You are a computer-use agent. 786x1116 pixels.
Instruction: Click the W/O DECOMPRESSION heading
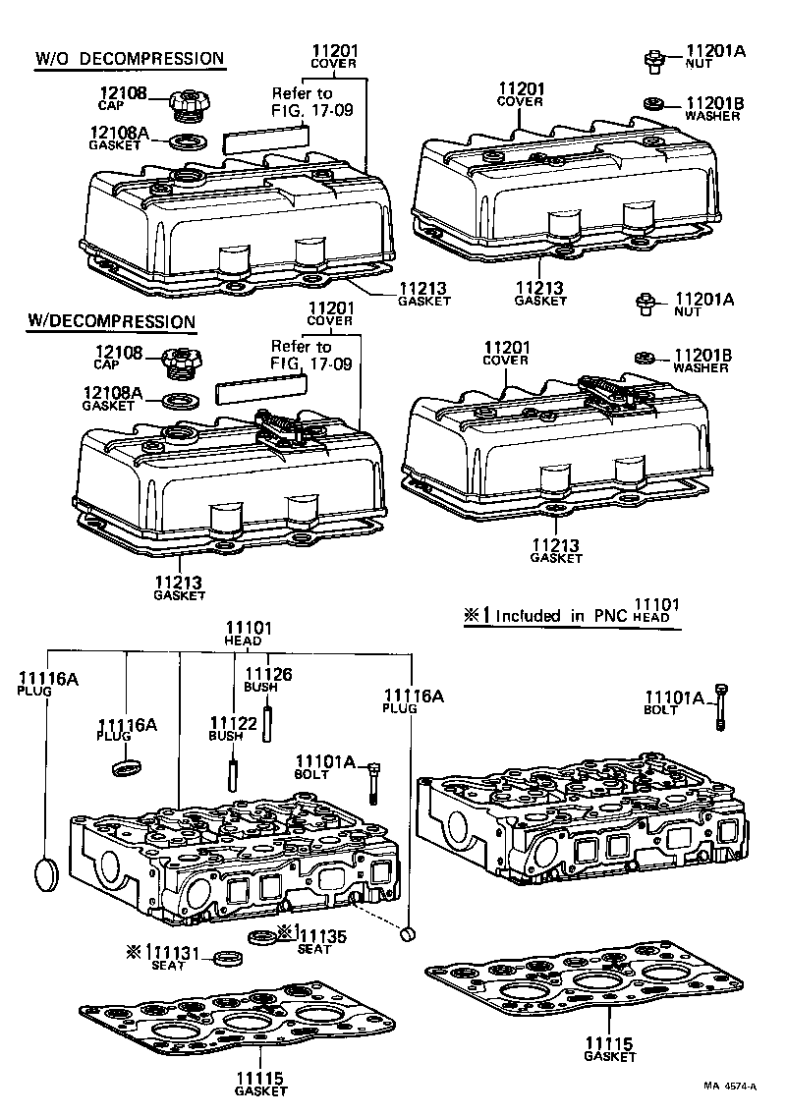pyautogui.click(x=130, y=59)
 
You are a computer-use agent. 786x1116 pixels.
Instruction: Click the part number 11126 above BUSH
pyautogui.click(x=268, y=673)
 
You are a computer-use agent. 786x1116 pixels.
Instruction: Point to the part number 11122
pyautogui.click(x=233, y=723)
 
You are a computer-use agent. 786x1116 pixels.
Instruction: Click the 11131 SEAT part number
pyautogui.click(x=173, y=952)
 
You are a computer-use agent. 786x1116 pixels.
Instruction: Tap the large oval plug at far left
pyautogui.click(x=47, y=872)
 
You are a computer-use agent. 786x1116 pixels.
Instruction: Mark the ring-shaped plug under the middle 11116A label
pyautogui.click(x=127, y=765)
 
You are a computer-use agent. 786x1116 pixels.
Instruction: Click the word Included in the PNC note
pyautogui.click(x=529, y=617)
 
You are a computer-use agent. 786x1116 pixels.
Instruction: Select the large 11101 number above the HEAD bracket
pyautogui.click(x=249, y=628)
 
